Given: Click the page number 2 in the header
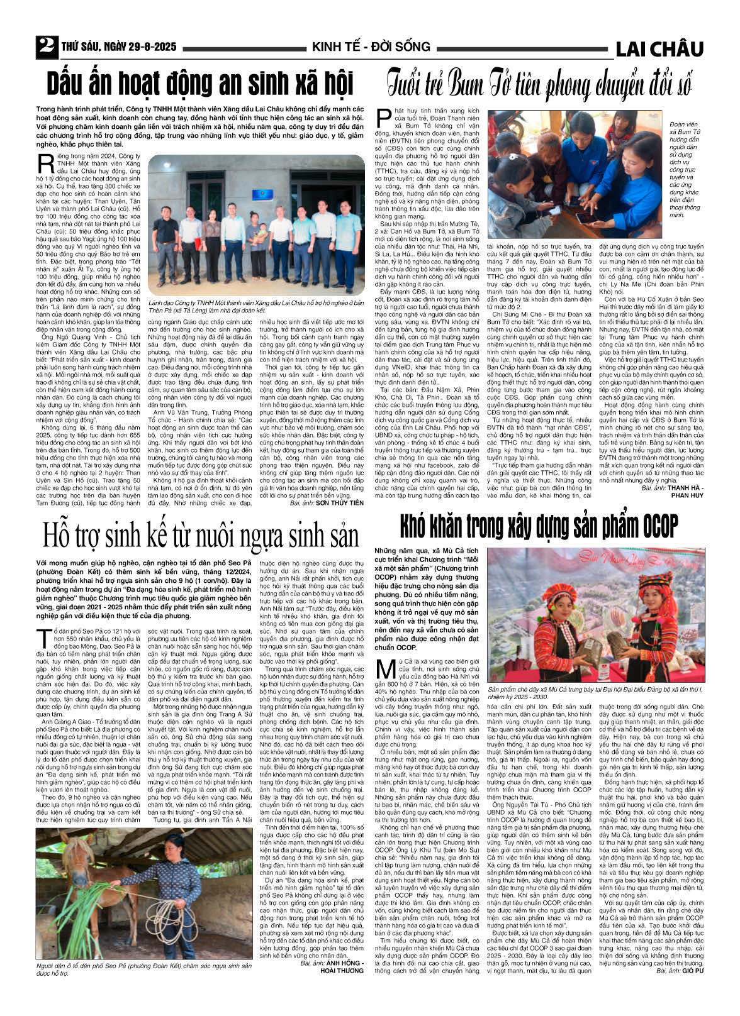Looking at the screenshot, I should pyautogui.click(x=46, y=46).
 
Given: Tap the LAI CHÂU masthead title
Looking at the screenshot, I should pyautogui.click(x=659, y=48).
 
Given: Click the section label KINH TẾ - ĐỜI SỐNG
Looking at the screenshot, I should pyautogui.click(x=371, y=47).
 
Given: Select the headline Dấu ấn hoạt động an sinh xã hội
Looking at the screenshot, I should pyautogui.click(x=200, y=84).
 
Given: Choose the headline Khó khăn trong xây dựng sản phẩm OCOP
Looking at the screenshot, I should pyautogui.click(x=539, y=526).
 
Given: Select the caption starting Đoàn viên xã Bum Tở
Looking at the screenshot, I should pyautogui.click(x=685, y=170).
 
